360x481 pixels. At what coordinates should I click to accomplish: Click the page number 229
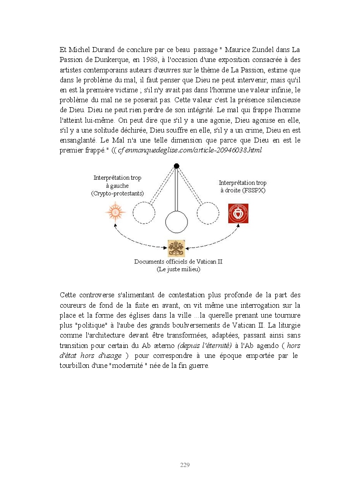coord(185,465)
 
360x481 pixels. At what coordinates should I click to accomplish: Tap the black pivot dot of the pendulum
coord(177,166)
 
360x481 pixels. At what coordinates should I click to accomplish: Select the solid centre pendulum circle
coord(176,222)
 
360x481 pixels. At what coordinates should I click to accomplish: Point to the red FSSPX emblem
coord(238,214)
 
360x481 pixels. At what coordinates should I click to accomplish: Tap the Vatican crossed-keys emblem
coord(176,248)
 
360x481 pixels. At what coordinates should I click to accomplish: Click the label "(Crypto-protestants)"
coord(117,193)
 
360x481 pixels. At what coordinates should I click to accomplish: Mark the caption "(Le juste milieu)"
coord(178,269)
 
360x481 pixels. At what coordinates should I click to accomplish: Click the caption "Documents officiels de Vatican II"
coord(178,262)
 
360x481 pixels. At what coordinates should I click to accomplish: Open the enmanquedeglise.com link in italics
coord(190,150)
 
